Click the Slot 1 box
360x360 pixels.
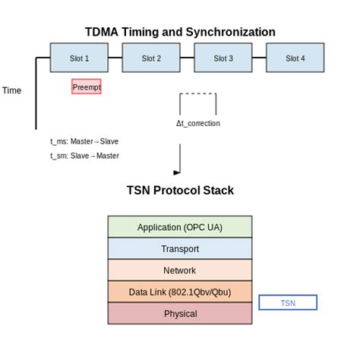(79, 58)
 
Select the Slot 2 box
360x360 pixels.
(150, 58)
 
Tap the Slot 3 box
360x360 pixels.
(223, 58)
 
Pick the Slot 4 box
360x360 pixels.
(295, 58)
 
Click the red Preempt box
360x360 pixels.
(87, 87)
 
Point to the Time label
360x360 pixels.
(12, 90)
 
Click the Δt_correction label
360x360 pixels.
(197, 123)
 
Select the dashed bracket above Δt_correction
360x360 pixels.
(197, 94)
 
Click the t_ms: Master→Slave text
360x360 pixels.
(84, 141)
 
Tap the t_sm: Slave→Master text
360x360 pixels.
(84, 156)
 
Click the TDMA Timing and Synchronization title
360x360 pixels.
(179, 32)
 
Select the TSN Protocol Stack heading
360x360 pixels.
(180, 191)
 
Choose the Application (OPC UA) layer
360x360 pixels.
(180, 227)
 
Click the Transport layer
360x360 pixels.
(180, 248)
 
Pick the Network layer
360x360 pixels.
(180, 270)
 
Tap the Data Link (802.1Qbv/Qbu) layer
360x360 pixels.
(180, 292)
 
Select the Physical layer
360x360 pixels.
(180, 314)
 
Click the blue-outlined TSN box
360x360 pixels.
(288, 303)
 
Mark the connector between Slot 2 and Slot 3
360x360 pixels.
(187, 58)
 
